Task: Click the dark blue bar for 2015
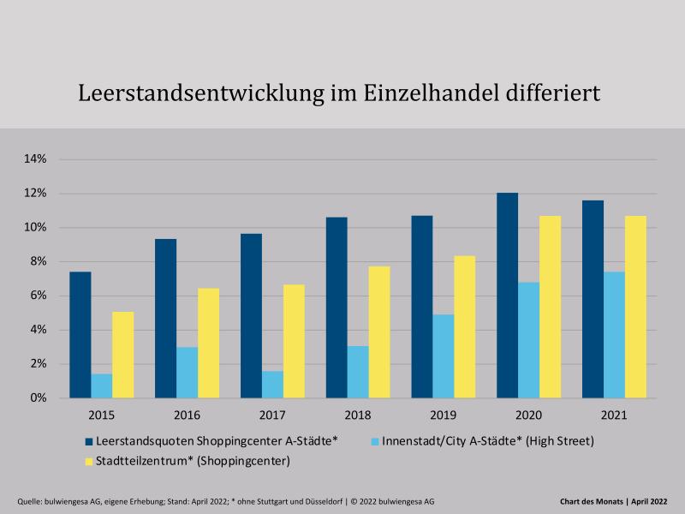80,335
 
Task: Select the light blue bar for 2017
272,385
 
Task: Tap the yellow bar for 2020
550,307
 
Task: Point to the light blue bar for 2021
614,335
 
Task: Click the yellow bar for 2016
208,343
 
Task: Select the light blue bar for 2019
443,356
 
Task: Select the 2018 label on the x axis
358,415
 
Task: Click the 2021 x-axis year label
614,415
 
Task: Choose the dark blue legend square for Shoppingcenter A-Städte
88,441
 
